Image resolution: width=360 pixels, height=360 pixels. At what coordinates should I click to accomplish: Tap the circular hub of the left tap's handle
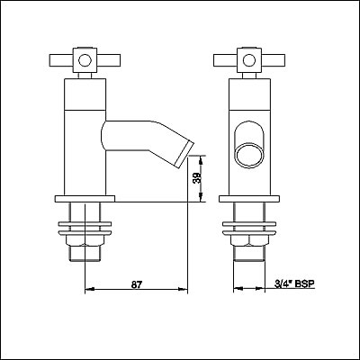[84, 62]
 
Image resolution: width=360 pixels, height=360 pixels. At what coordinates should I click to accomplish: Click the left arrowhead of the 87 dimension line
[86, 291]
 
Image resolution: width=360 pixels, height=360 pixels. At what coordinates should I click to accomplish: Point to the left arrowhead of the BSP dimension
[234, 291]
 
